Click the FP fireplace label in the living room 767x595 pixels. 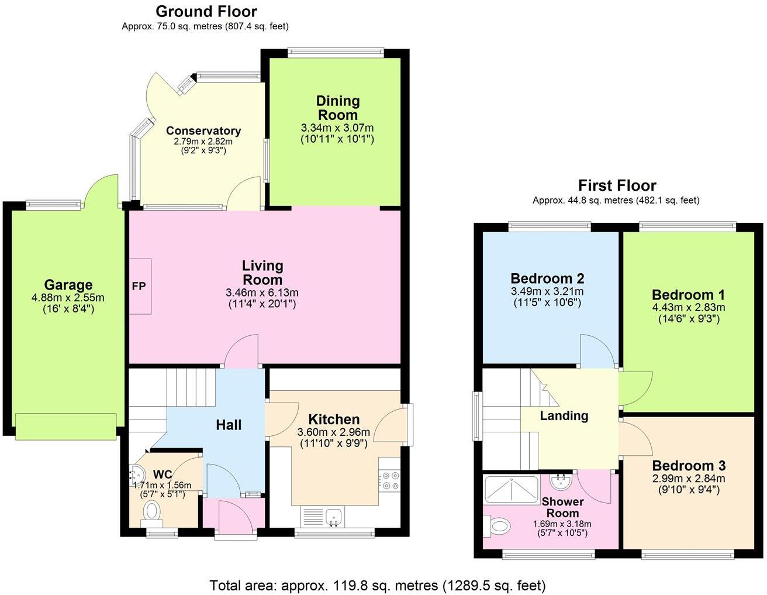click(x=139, y=287)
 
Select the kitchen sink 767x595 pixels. click(x=334, y=516)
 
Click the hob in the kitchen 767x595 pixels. click(x=389, y=480)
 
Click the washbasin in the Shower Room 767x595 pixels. click(x=560, y=480)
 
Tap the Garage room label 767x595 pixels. click(x=68, y=285)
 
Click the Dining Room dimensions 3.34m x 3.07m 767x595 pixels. click(x=337, y=128)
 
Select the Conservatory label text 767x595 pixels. click(x=203, y=130)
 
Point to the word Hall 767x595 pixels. click(x=229, y=425)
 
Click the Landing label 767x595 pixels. click(x=564, y=416)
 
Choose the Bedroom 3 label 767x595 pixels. click(x=689, y=466)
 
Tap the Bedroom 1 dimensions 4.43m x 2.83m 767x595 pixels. click(x=689, y=307)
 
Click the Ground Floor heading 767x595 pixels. click(x=206, y=11)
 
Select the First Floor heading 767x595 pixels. click(x=617, y=185)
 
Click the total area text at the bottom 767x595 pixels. click(x=378, y=585)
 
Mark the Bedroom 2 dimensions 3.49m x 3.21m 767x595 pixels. click(x=547, y=291)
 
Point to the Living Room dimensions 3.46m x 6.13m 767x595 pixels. click(x=262, y=293)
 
